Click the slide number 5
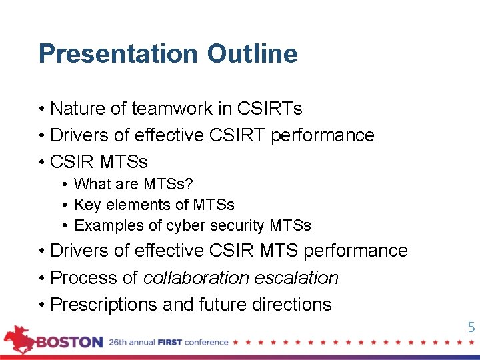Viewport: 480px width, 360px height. pos(471,327)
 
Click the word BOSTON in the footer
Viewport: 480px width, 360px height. pos(69,343)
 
